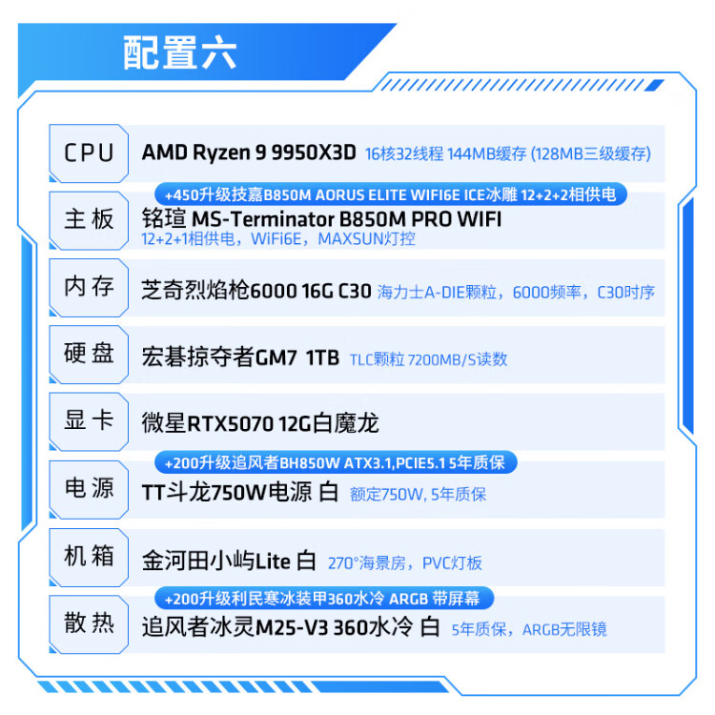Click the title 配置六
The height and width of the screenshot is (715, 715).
click(180, 53)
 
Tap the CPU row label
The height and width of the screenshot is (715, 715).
click(90, 153)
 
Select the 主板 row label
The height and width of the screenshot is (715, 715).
click(90, 219)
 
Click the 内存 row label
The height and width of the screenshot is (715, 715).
click(90, 286)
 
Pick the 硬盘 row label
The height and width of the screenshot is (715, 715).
click(90, 354)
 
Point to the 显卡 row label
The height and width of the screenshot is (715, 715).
click(90, 420)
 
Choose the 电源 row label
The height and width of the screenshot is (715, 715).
click(90, 488)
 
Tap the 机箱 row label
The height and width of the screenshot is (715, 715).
click(90, 556)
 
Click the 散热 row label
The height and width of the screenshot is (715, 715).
click(90, 623)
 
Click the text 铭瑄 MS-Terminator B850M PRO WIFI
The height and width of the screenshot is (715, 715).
click(320, 219)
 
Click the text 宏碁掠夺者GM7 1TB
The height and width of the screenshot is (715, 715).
click(239, 358)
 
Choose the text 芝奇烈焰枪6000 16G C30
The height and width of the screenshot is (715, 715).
click(255, 292)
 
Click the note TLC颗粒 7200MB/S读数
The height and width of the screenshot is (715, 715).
click(429, 359)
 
